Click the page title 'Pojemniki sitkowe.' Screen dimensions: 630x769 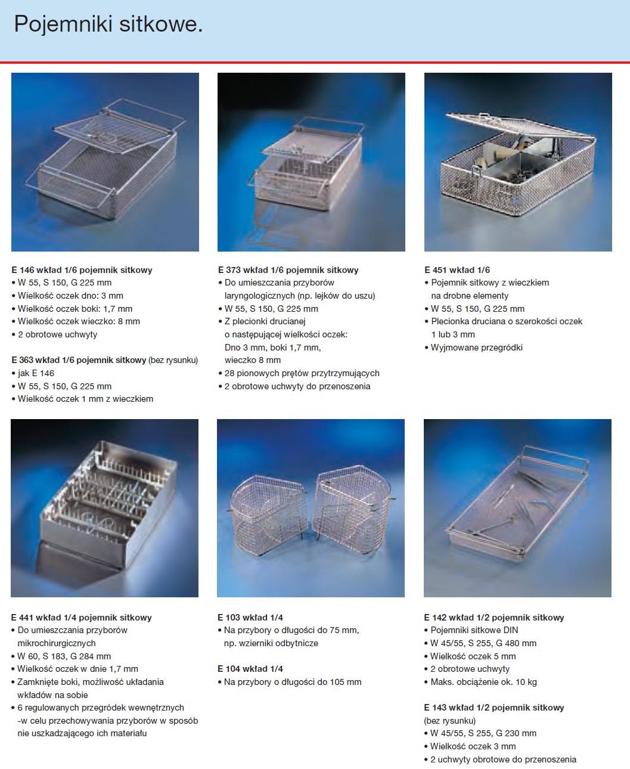(108, 24)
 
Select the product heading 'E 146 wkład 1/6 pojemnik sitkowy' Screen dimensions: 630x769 (82, 270)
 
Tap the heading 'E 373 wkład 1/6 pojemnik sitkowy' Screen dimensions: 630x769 (288, 270)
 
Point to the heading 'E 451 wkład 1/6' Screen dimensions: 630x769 (457, 270)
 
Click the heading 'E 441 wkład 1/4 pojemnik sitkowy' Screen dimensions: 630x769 (81, 618)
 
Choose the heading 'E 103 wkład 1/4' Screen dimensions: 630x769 (250, 618)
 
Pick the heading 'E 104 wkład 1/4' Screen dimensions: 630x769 (250, 669)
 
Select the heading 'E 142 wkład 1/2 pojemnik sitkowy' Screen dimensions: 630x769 (494, 618)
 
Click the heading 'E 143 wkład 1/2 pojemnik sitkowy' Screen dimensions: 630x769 (494, 708)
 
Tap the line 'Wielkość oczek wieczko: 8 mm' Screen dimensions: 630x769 (76, 321)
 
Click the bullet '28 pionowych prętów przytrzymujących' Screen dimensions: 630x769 (299, 373)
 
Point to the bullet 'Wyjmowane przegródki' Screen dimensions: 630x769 (474, 348)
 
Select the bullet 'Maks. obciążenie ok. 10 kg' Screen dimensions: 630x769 (480, 682)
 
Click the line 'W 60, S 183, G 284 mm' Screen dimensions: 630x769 (61, 656)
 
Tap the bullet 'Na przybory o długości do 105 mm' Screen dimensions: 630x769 (290, 682)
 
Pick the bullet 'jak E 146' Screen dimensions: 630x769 (33, 373)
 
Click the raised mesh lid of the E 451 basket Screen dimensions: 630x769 (522, 129)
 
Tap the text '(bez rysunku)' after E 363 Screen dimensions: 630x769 (173, 360)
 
